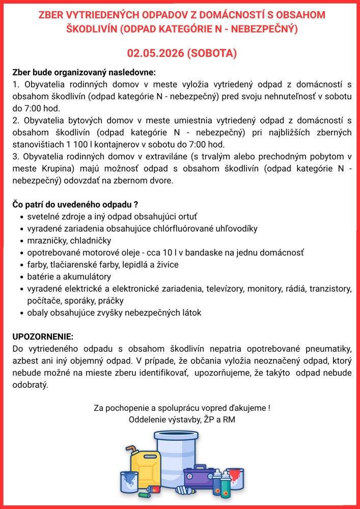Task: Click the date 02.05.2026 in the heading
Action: (155, 53)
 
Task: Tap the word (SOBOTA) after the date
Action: (212, 53)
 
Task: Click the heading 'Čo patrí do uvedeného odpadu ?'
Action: (75, 205)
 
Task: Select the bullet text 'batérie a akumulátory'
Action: (69, 277)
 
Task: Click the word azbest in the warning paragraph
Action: (24, 361)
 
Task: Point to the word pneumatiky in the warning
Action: (327, 349)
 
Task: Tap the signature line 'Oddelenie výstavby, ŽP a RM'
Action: (182, 420)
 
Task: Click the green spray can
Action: (226, 487)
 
